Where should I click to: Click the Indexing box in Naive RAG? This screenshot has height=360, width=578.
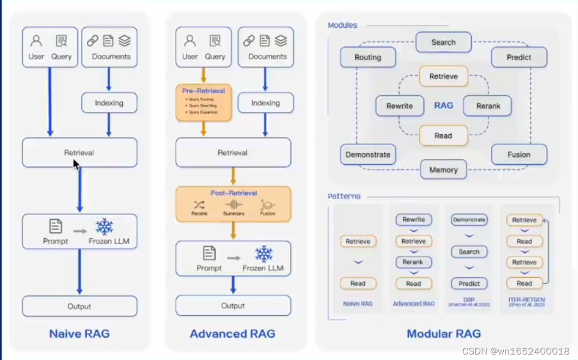[x=109, y=103]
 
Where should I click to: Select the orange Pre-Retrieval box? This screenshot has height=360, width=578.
[x=204, y=102]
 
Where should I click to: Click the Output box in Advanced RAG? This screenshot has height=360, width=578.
[x=233, y=305]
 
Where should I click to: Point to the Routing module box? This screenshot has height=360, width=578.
[x=368, y=57]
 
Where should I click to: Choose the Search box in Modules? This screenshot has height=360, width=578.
[x=443, y=42]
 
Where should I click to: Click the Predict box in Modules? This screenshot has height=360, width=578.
[x=519, y=57]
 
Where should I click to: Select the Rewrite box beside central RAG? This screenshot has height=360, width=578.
[x=400, y=106]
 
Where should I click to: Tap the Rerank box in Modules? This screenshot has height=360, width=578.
[x=487, y=106]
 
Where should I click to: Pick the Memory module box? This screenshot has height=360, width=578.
[x=443, y=170]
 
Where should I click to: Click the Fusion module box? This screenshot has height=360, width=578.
[x=519, y=154]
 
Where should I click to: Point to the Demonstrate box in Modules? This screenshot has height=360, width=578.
[x=368, y=154]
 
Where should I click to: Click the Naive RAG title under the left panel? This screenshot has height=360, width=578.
[x=80, y=334]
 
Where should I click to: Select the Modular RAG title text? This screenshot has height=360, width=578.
[x=444, y=334]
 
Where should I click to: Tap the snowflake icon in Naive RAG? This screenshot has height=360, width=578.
[x=104, y=226]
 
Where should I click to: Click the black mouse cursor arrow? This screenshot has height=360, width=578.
[x=76, y=164]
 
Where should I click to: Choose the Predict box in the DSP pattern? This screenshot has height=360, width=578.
[x=469, y=284]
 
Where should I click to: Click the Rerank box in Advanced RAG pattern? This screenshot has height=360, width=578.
[x=413, y=262]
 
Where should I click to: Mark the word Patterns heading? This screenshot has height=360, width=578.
[x=344, y=196]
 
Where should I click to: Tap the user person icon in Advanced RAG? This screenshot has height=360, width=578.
[x=190, y=41]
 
